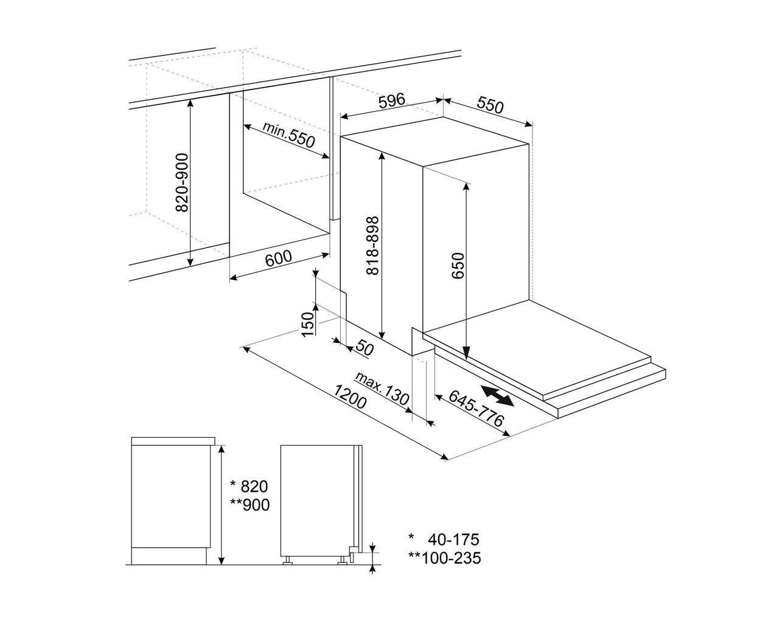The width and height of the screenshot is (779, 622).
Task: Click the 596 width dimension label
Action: pos(391,102)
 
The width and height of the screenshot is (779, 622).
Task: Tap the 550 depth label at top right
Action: pos(490,105)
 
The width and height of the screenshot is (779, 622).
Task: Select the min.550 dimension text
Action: pos(289,135)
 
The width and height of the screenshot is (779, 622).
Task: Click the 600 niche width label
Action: pos(279,258)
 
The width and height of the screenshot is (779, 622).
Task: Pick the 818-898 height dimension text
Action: pos(373,245)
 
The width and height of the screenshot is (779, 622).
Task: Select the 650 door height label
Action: pos(458,266)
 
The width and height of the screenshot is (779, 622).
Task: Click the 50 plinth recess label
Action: pos(364,348)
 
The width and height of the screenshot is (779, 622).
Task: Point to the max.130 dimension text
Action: pos(383,390)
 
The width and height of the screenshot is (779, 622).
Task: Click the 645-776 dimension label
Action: pos(477,408)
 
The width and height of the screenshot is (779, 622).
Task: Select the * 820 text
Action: pos(248,486)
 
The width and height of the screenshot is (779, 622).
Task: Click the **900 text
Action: pos(250,505)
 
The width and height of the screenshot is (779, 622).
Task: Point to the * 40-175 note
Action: pos(444,539)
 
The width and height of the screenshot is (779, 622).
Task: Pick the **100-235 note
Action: pos(444,557)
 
